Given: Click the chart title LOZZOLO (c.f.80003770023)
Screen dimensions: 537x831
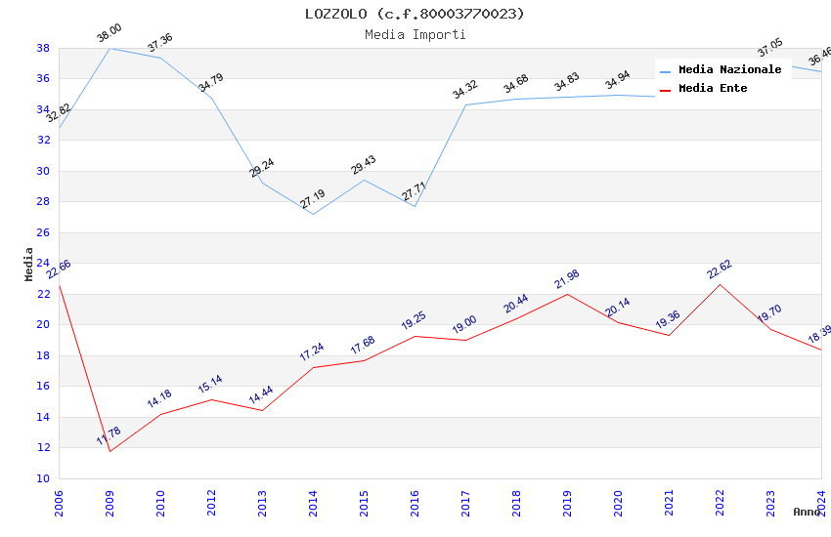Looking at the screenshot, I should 415,14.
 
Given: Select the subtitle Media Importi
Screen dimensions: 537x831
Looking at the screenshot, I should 415,34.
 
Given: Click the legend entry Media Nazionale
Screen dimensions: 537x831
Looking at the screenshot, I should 729,70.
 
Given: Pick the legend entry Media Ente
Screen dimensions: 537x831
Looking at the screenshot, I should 713,89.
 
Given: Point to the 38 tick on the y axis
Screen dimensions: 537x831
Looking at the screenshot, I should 43,48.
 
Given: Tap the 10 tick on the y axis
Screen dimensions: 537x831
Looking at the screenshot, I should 43,478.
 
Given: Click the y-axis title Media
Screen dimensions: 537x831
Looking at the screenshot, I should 29,264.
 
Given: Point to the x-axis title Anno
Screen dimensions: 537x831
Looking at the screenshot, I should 807,512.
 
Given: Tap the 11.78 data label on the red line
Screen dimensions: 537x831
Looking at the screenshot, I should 109,436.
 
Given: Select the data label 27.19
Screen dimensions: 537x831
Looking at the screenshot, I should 313,200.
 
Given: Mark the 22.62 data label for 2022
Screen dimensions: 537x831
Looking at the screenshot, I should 720,270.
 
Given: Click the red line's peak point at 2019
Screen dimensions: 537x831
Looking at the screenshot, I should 567,294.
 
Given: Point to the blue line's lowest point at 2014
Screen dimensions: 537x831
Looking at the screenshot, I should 313,214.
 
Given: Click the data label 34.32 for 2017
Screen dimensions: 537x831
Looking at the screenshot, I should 465,91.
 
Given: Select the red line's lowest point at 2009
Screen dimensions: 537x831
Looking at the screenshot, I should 109,451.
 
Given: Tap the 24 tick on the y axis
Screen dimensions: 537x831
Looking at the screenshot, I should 43,263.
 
